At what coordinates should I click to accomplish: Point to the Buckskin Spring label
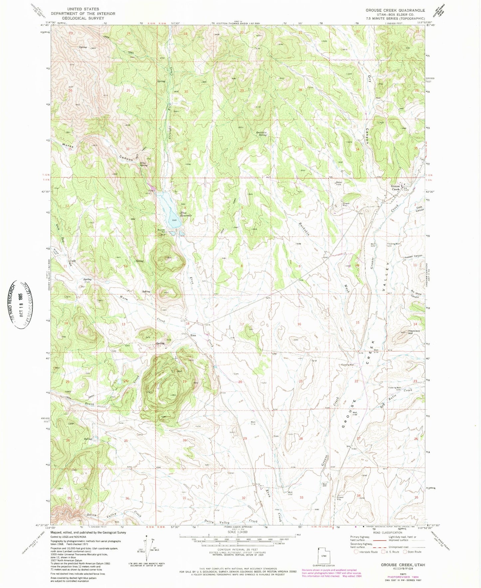coord(261,134)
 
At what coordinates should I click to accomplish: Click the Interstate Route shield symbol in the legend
coord(356,552)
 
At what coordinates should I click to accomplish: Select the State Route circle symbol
coord(405,552)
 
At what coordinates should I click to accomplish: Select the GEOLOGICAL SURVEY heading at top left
coord(83,18)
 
